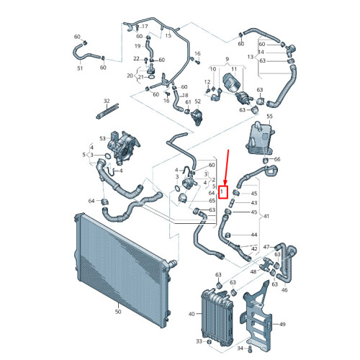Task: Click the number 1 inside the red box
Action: [222, 192]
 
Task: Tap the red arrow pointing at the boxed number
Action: [227, 168]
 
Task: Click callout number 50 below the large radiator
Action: [118, 312]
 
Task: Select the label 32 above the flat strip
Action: [107, 101]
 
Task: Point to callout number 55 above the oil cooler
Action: [270, 116]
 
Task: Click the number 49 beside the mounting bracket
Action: [282, 324]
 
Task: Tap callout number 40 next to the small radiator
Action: [192, 314]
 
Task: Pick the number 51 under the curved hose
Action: [80, 68]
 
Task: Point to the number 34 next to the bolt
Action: [240, 348]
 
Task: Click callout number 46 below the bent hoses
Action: [284, 290]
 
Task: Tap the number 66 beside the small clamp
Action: [277, 159]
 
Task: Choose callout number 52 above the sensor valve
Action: [197, 102]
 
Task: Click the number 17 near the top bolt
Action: [145, 26]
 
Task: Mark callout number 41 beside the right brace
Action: [266, 216]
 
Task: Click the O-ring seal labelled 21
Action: [151, 77]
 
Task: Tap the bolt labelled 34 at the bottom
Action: [250, 348]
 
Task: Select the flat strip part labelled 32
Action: [107, 111]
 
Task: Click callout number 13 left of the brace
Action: [251, 57]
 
